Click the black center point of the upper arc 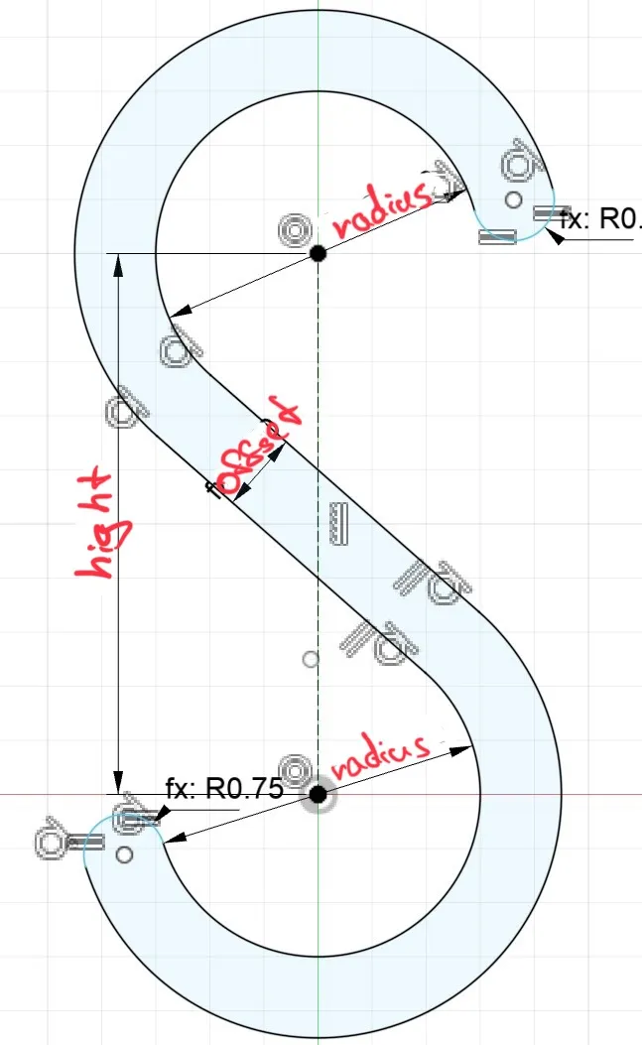pyautogui.click(x=318, y=253)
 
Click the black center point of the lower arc pyautogui.click(x=318, y=794)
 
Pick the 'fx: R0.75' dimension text pyautogui.click(x=224, y=789)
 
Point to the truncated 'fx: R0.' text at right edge pyautogui.click(x=601, y=218)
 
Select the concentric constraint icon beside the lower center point pyautogui.click(x=294, y=771)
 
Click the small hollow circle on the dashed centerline pyautogui.click(x=311, y=658)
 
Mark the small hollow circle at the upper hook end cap pyautogui.click(x=512, y=200)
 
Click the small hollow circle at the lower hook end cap pyautogui.click(x=124, y=853)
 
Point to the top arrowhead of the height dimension pyautogui.click(x=118, y=261)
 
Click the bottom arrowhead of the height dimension pyautogui.click(x=118, y=785)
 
